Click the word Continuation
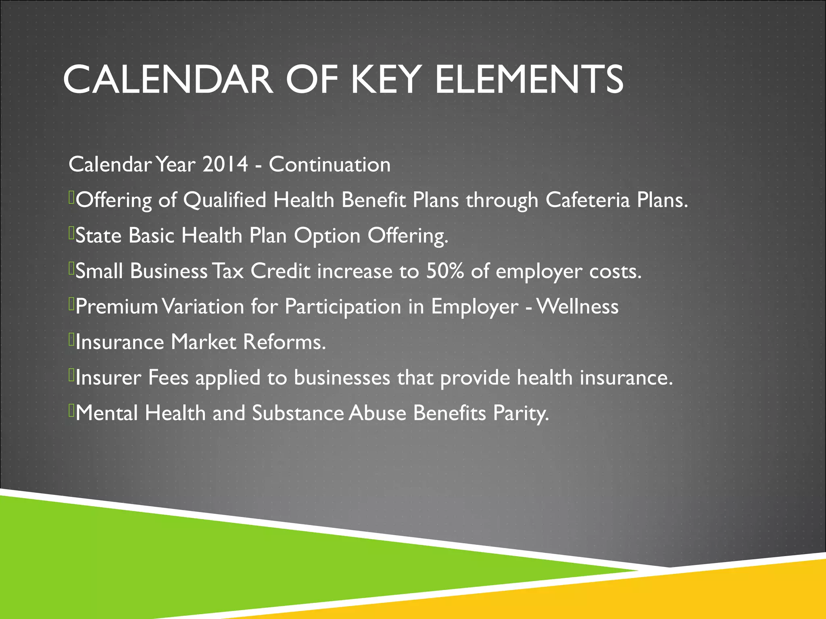330,164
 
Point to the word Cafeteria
587,200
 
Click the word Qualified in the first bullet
225,201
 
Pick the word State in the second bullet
98,235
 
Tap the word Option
327,236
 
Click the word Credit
280,271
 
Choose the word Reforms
284,342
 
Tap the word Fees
168,378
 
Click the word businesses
342,378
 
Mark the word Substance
298,413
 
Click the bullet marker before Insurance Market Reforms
71,340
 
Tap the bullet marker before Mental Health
71,411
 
